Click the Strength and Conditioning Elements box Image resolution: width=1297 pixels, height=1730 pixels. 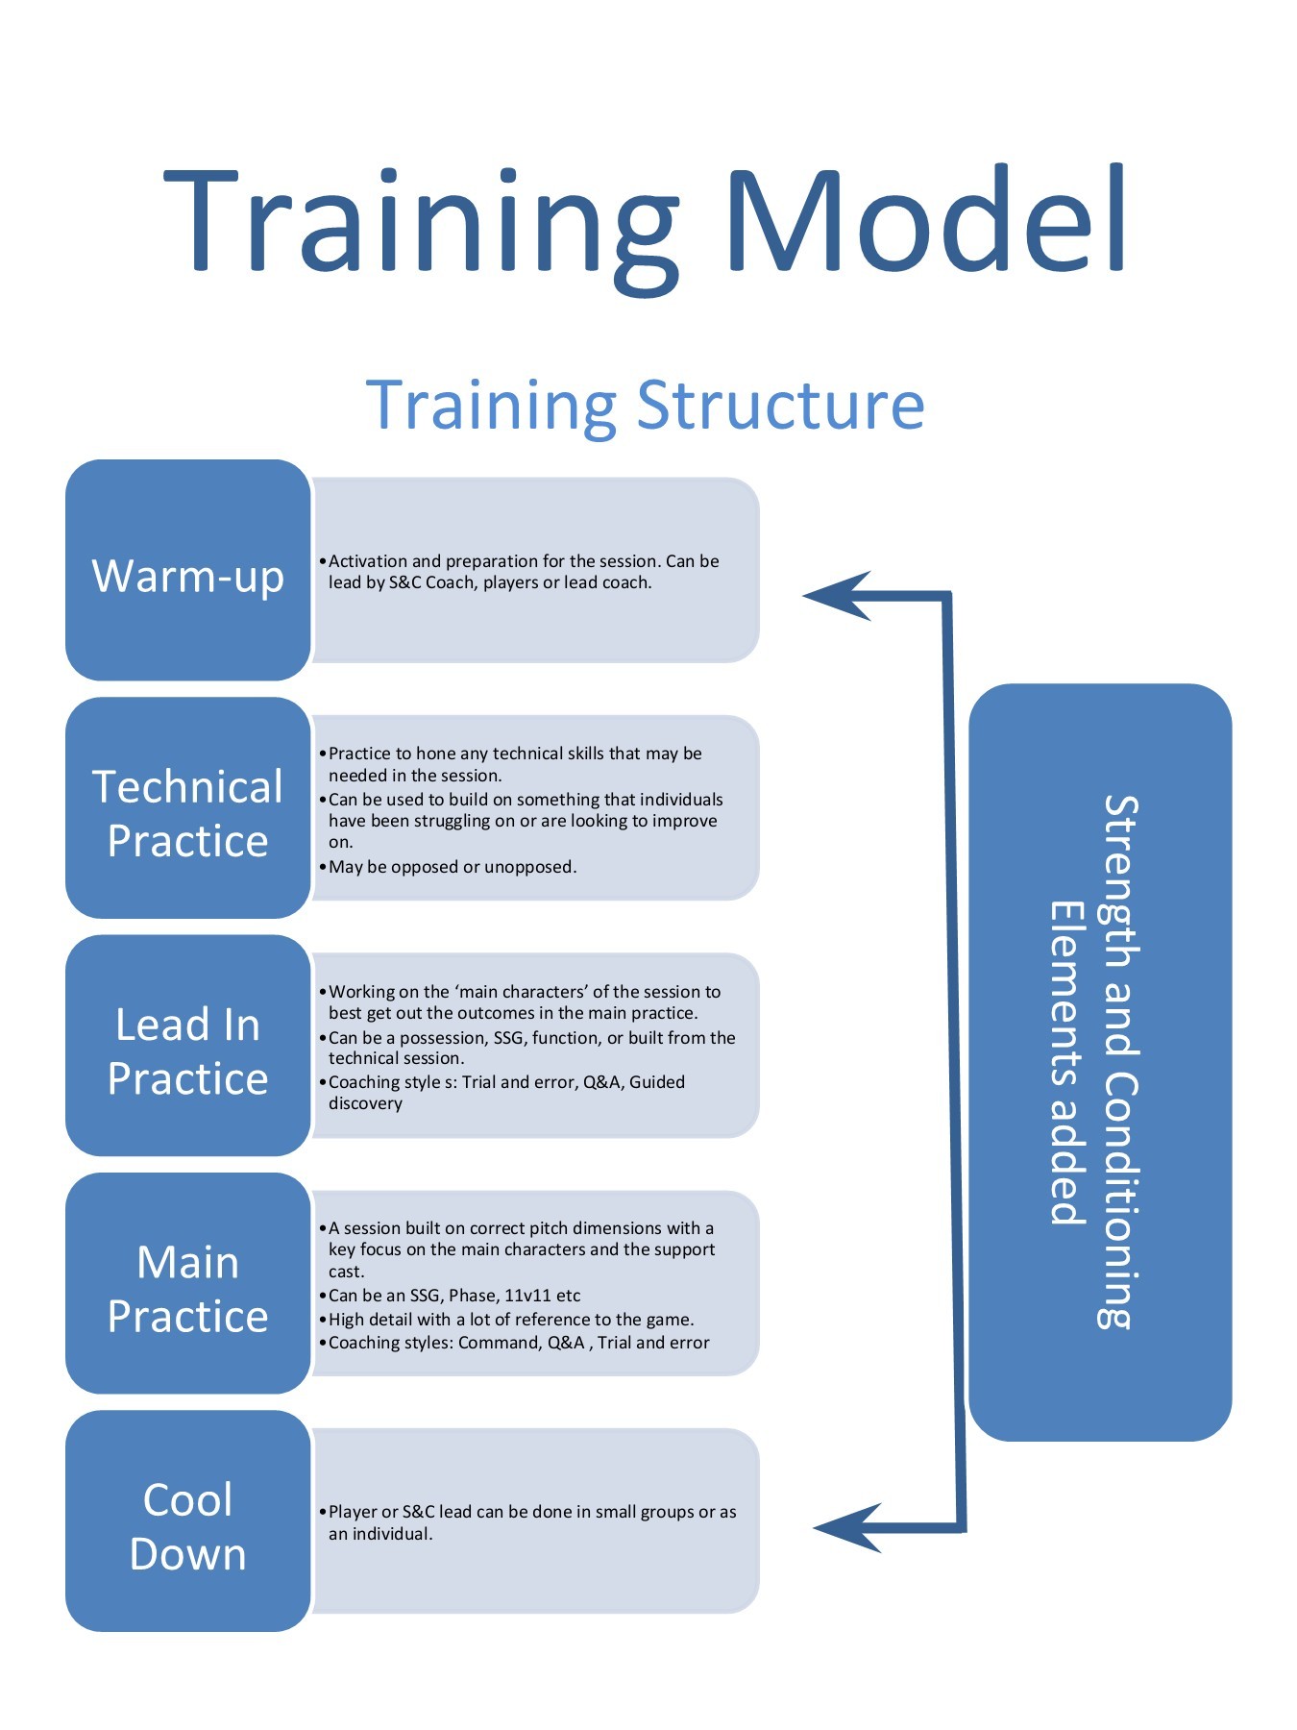(x=1100, y=1062)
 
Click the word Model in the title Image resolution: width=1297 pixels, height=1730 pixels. (x=925, y=223)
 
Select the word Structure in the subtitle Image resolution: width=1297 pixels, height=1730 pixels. (x=780, y=406)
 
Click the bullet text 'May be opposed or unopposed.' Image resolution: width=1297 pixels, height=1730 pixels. (x=453, y=867)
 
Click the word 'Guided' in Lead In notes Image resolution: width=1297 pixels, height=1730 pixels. (x=657, y=1082)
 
